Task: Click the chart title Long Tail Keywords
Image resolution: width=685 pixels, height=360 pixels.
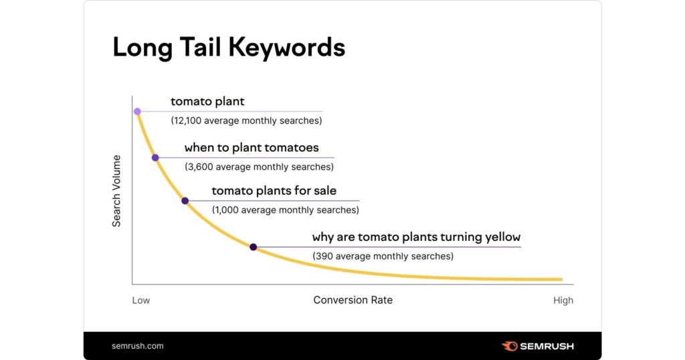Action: click(229, 48)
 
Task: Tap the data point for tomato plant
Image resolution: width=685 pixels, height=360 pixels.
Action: click(137, 111)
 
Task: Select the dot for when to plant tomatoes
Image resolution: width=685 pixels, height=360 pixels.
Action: click(155, 158)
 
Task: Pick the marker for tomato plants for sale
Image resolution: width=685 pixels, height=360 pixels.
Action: click(185, 201)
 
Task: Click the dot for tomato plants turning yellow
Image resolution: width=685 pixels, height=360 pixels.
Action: click(253, 248)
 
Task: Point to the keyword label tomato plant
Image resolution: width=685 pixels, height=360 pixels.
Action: click(207, 101)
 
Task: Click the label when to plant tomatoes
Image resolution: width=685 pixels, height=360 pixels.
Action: click(252, 148)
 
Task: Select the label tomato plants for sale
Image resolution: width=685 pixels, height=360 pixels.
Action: click(274, 191)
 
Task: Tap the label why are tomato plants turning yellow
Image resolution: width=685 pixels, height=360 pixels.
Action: click(416, 238)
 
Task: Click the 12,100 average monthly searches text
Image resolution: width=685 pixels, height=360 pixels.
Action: click(246, 120)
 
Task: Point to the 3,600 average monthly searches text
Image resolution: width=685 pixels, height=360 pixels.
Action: click(259, 167)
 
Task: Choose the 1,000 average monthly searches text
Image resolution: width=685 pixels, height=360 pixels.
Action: click(285, 210)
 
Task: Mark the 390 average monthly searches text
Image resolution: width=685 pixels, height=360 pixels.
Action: click(383, 256)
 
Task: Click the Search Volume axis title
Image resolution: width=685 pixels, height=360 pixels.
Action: click(116, 191)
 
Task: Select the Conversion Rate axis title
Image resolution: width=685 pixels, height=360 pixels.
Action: click(353, 300)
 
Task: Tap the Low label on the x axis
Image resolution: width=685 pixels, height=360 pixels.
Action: click(141, 300)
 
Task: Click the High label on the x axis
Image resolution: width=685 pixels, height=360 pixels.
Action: click(563, 300)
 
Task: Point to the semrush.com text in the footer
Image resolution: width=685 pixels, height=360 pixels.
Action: click(138, 346)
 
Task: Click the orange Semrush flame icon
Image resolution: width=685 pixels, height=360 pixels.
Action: click(509, 347)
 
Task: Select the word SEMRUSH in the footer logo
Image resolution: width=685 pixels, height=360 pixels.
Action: click(547, 347)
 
